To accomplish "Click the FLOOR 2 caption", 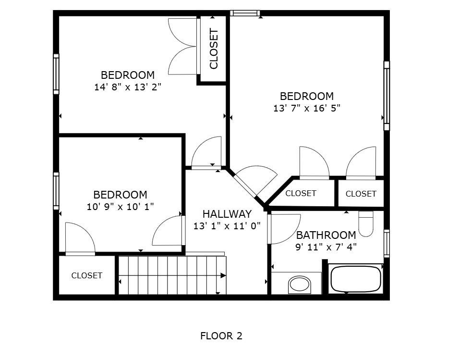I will pos(221,336).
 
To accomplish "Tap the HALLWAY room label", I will pos(227,214).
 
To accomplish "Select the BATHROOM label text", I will pos(326,235).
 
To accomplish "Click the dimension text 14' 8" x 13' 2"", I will pos(128,87).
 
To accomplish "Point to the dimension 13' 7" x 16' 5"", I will pos(307,108).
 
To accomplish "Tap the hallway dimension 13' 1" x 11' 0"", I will pos(227,225).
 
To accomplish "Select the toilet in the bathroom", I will pos(366,224).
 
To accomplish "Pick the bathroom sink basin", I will pos(304,285).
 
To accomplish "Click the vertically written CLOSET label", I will pos(214,49).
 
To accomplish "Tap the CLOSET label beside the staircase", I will pos(87,275).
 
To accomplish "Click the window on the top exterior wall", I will pos(244,13).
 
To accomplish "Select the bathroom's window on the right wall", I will pos(387,243).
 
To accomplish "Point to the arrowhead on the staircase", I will pos(223,275).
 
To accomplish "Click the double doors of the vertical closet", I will pos(182,47).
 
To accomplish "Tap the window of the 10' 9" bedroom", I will pos(56,191).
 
